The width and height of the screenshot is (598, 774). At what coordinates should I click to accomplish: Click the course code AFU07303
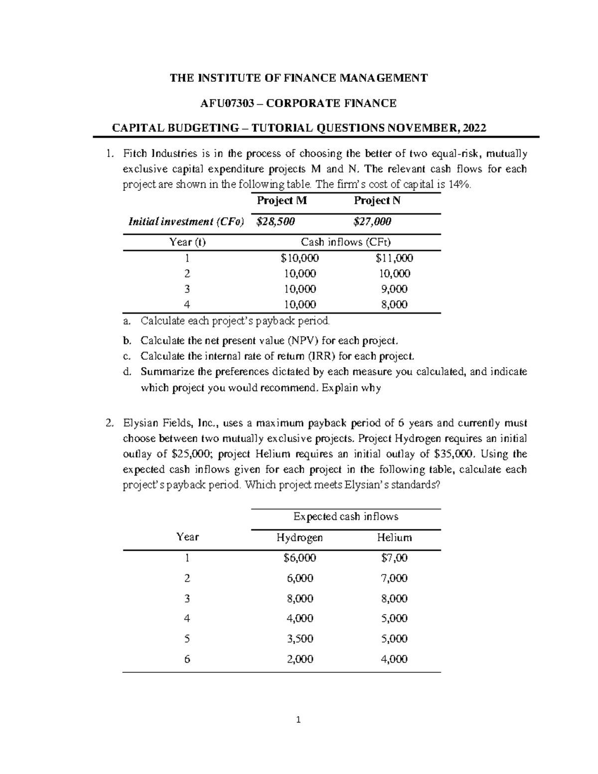227,103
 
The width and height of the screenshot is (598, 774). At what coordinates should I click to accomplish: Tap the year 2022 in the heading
475,128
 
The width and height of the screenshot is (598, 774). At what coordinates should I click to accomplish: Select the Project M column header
282,200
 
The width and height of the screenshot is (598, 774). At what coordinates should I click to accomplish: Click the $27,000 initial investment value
372,221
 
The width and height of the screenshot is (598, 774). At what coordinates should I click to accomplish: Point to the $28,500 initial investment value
275,221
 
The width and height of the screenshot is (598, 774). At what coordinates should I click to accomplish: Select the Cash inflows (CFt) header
345,242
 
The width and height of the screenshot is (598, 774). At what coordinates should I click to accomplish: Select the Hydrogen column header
299,537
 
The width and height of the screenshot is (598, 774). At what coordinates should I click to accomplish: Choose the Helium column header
394,537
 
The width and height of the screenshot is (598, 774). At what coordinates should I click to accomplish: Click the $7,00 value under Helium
394,558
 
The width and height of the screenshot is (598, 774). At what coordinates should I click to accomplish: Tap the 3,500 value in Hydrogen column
299,639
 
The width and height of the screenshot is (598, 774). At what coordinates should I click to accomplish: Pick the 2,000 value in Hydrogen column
299,659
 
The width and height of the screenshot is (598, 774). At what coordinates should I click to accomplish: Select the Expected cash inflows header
345,517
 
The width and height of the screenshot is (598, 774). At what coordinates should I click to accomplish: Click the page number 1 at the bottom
299,720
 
